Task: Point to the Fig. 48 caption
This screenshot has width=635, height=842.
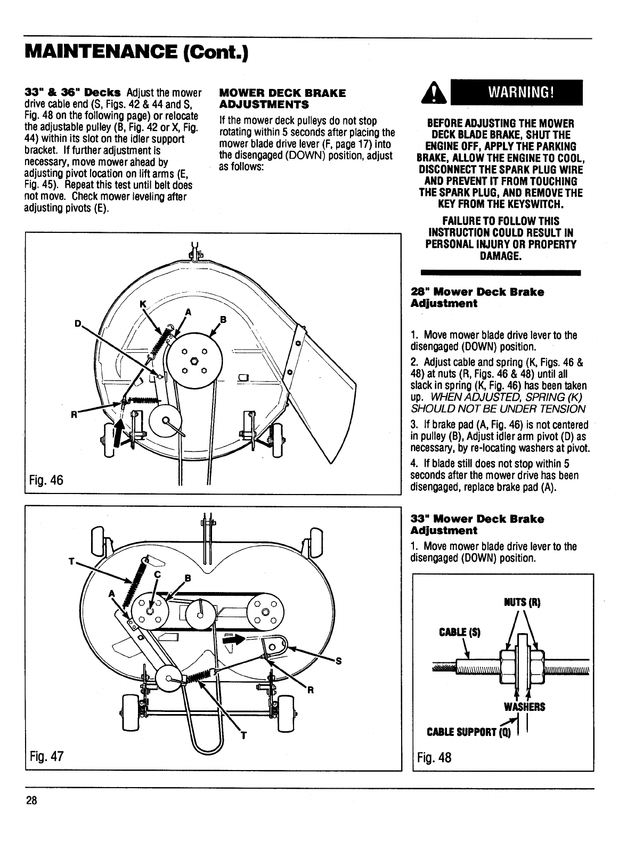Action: [434, 757]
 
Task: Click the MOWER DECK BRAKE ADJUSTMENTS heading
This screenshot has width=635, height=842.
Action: [282, 98]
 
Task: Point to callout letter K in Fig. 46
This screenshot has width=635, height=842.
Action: [142, 303]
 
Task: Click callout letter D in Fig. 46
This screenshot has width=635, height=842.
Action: [78, 323]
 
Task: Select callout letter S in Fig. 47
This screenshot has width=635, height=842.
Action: [338, 661]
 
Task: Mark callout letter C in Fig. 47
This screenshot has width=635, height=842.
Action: [157, 574]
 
